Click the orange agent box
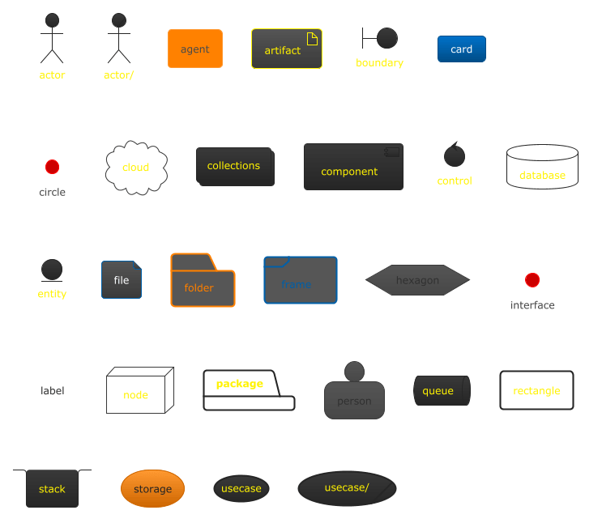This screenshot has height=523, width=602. (194, 49)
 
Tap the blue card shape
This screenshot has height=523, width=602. (461, 49)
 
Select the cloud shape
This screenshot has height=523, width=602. (136, 168)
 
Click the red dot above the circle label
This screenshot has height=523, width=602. (52, 167)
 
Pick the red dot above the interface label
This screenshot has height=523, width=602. (532, 280)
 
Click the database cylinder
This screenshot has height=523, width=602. (542, 167)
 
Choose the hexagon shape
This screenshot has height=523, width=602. (417, 280)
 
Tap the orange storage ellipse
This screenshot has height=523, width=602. (152, 489)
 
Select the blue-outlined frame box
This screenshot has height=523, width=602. (301, 280)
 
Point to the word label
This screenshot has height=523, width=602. (53, 391)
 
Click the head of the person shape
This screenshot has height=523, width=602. (354, 372)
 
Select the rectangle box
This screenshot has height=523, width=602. (536, 391)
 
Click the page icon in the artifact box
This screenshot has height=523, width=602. (312, 38)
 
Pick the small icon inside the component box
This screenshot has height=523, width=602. (392, 152)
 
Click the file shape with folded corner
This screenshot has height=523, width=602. (122, 280)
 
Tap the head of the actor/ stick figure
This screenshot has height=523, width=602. (118, 20)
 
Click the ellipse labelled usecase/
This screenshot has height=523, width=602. (347, 489)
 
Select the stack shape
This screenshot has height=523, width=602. (52, 488)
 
